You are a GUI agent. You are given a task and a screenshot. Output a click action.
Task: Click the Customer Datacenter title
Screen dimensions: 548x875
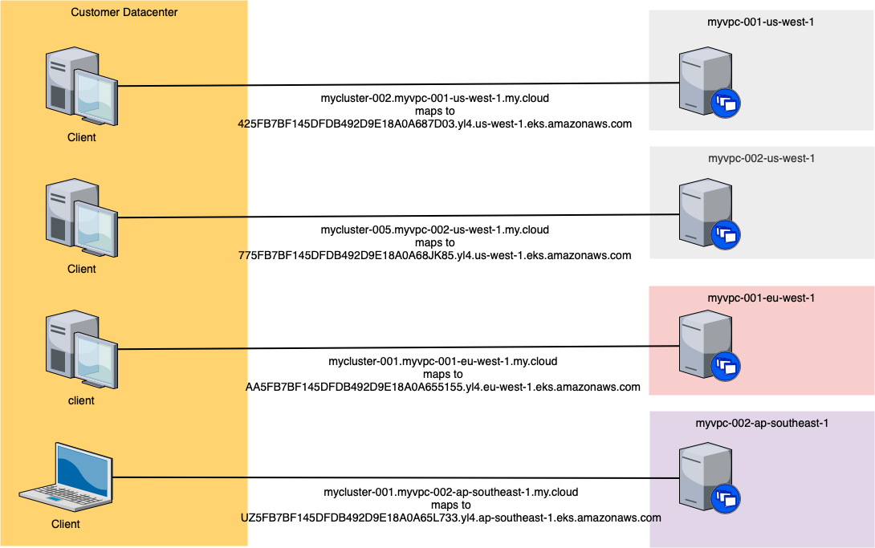[x=124, y=13]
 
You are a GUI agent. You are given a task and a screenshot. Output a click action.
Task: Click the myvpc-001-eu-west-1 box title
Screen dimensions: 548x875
[x=761, y=298]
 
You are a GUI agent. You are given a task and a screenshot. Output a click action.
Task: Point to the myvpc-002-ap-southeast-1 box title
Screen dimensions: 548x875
[x=761, y=423]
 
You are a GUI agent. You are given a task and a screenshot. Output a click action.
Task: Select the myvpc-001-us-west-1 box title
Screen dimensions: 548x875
[x=761, y=22]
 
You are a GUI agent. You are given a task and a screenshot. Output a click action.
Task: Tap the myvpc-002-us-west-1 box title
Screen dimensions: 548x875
[x=761, y=158]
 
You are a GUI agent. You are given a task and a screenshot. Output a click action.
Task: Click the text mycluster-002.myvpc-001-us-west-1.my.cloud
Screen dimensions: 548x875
[x=435, y=98]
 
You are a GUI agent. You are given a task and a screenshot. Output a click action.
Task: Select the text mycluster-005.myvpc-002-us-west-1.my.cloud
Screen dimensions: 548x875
[x=435, y=229]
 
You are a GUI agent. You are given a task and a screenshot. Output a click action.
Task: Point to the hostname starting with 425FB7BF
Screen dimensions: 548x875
[x=435, y=124]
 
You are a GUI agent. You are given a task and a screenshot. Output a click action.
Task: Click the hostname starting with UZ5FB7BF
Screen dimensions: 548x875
[x=450, y=518]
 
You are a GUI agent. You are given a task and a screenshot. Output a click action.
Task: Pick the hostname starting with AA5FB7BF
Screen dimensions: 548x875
[x=442, y=387]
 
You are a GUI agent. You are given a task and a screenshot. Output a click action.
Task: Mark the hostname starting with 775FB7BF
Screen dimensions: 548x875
[x=435, y=255]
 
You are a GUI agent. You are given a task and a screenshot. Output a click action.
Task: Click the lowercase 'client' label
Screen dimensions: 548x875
[x=81, y=400]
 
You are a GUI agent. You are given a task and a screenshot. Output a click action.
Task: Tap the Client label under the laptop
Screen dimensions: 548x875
[x=65, y=524]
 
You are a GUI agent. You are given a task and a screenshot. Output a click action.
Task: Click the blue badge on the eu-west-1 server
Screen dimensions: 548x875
[x=726, y=367]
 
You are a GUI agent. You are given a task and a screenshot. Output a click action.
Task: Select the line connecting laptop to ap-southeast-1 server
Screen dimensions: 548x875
[x=385, y=477]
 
